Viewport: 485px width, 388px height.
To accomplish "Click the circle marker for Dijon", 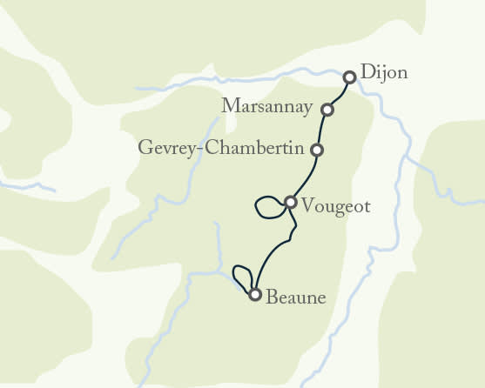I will point(349,77).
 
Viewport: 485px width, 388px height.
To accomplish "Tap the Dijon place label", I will point(383,75).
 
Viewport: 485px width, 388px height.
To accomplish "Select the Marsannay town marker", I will point(327,110).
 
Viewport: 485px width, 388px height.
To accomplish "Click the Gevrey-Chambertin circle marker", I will point(317,150).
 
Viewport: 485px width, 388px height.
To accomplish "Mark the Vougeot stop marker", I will point(291,203).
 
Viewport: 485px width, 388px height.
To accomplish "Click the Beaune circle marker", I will point(254,294).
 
